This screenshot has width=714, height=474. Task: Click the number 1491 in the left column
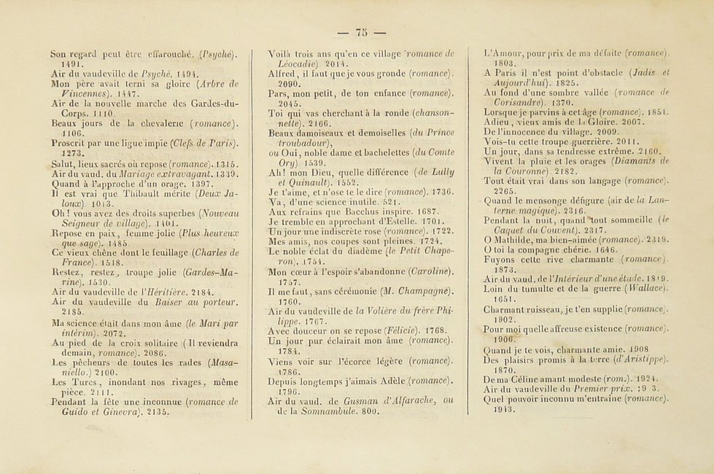point(61,63)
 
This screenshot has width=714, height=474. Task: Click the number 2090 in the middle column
point(280,84)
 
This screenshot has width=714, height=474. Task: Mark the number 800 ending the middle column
point(370,411)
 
